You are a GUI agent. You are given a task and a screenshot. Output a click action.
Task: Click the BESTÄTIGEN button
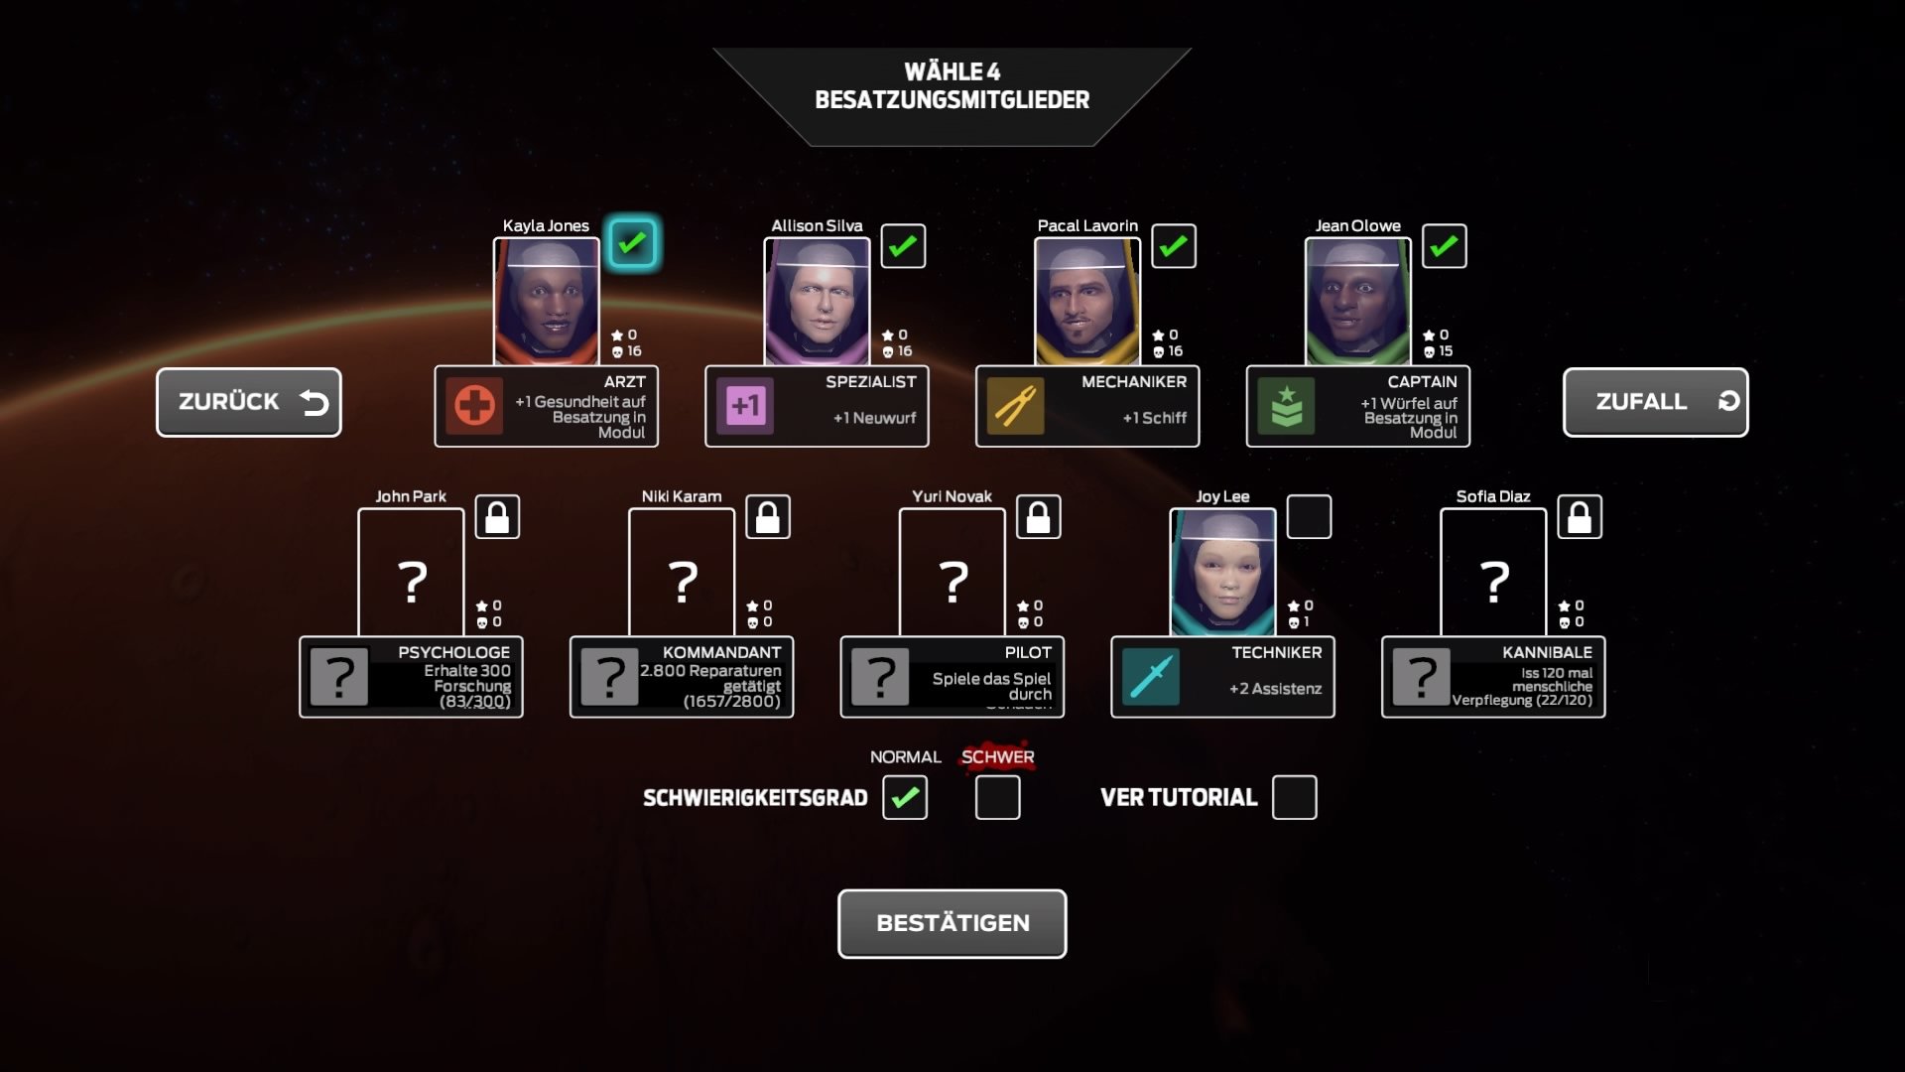pos(952,923)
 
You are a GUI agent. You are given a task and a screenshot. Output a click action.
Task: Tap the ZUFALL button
pos(1655,402)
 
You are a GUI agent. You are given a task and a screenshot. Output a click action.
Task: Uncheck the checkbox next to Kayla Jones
pos(632,243)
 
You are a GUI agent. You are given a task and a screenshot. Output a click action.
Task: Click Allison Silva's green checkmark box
pos(903,246)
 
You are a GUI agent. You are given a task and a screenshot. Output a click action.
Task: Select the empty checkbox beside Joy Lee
pos(1309,517)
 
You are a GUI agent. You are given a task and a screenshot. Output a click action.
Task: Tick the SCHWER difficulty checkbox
pos(997,797)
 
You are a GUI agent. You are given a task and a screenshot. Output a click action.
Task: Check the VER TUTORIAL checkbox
pos(1294,797)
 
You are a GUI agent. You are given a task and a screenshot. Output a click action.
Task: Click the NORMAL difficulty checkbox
pos(905,797)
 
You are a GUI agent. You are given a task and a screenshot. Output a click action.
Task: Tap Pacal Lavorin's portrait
pos(1086,302)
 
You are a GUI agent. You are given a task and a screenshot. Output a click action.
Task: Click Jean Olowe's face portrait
pos(1357,302)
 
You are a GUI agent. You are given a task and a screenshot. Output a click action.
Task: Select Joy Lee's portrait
pos(1222,573)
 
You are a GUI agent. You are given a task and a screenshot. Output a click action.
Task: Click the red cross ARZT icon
pos(474,406)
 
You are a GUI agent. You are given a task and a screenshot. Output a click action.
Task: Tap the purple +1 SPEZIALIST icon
pos(745,406)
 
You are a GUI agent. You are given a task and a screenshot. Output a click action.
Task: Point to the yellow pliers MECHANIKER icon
pos(1015,406)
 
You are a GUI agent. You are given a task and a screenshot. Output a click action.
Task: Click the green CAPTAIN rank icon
pos(1286,406)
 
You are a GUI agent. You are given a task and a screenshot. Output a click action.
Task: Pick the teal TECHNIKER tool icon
pos(1151,677)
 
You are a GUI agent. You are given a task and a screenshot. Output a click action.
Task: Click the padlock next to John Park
pos(497,517)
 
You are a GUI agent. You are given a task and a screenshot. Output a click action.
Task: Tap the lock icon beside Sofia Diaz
pos(1580,517)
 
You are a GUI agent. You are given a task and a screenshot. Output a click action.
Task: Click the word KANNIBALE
pos(1547,652)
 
